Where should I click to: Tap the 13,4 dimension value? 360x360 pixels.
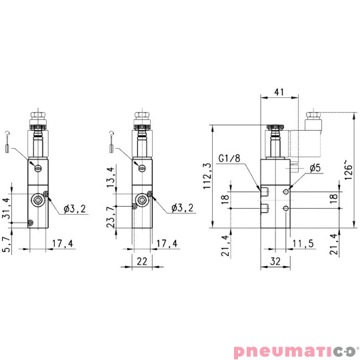[111, 179]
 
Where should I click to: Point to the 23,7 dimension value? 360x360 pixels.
[111, 215]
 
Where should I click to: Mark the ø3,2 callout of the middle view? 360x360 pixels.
[182, 208]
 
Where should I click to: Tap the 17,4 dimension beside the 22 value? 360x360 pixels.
[167, 244]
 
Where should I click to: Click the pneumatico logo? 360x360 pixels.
[296, 349]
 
